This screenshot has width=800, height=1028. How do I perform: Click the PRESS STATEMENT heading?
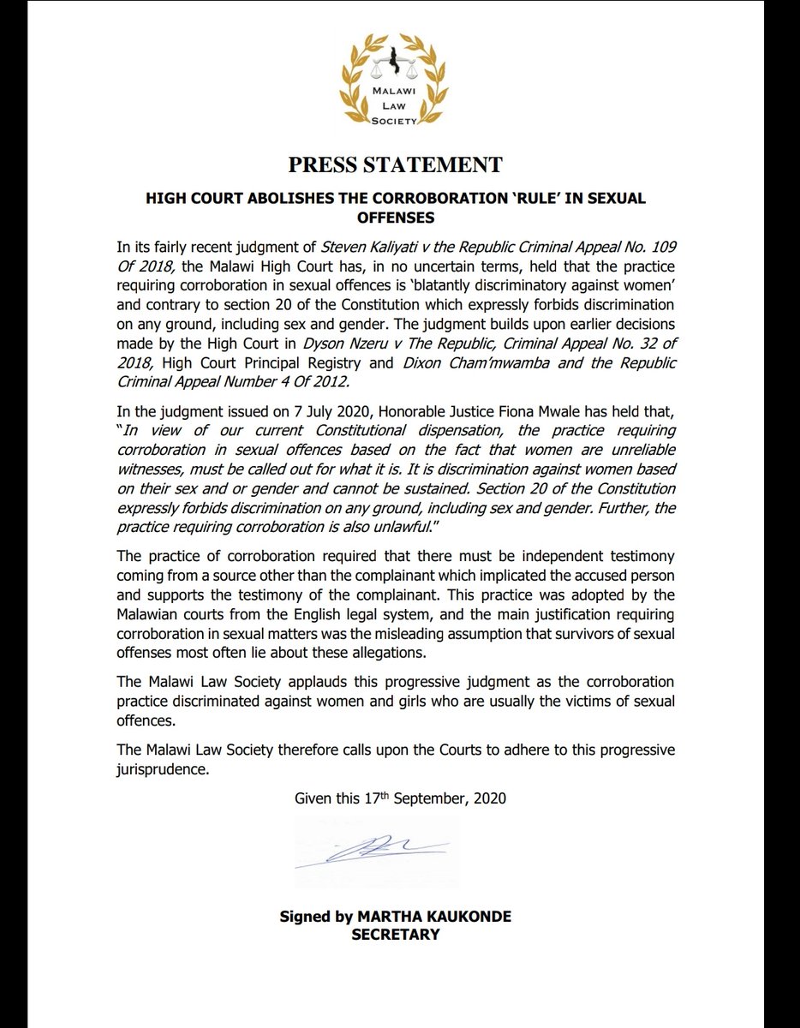coord(395,164)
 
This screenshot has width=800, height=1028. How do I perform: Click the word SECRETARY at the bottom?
coord(395,934)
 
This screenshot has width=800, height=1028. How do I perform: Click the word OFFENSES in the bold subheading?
coord(395,218)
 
